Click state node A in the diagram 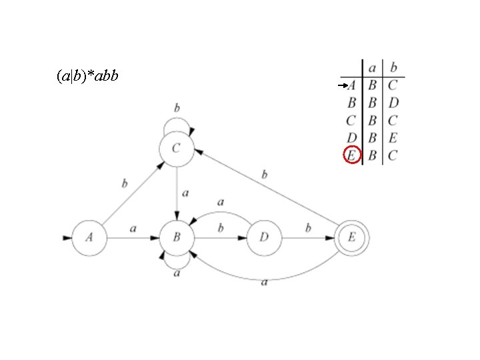click(x=89, y=237)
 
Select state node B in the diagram click(x=177, y=237)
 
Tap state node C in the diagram click(x=176, y=149)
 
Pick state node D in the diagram click(x=264, y=237)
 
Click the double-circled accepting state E click(x=352, y=237)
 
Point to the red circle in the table click(x=351, y=155)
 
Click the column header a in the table click(x=372, y=67)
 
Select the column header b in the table click(x=393, y=67)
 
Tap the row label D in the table click(x=351, y=138)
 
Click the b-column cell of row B click(x=393, y=103)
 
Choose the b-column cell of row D click(x=393, y=138)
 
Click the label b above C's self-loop click(x=177, y=107)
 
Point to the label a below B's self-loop click(x=177, y=273)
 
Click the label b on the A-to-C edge click(x=123, y=182)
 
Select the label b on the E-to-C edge click(x=265, y=175)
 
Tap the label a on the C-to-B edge click(x=185, y=193)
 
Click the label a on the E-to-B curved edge click(x=265, y=283)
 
